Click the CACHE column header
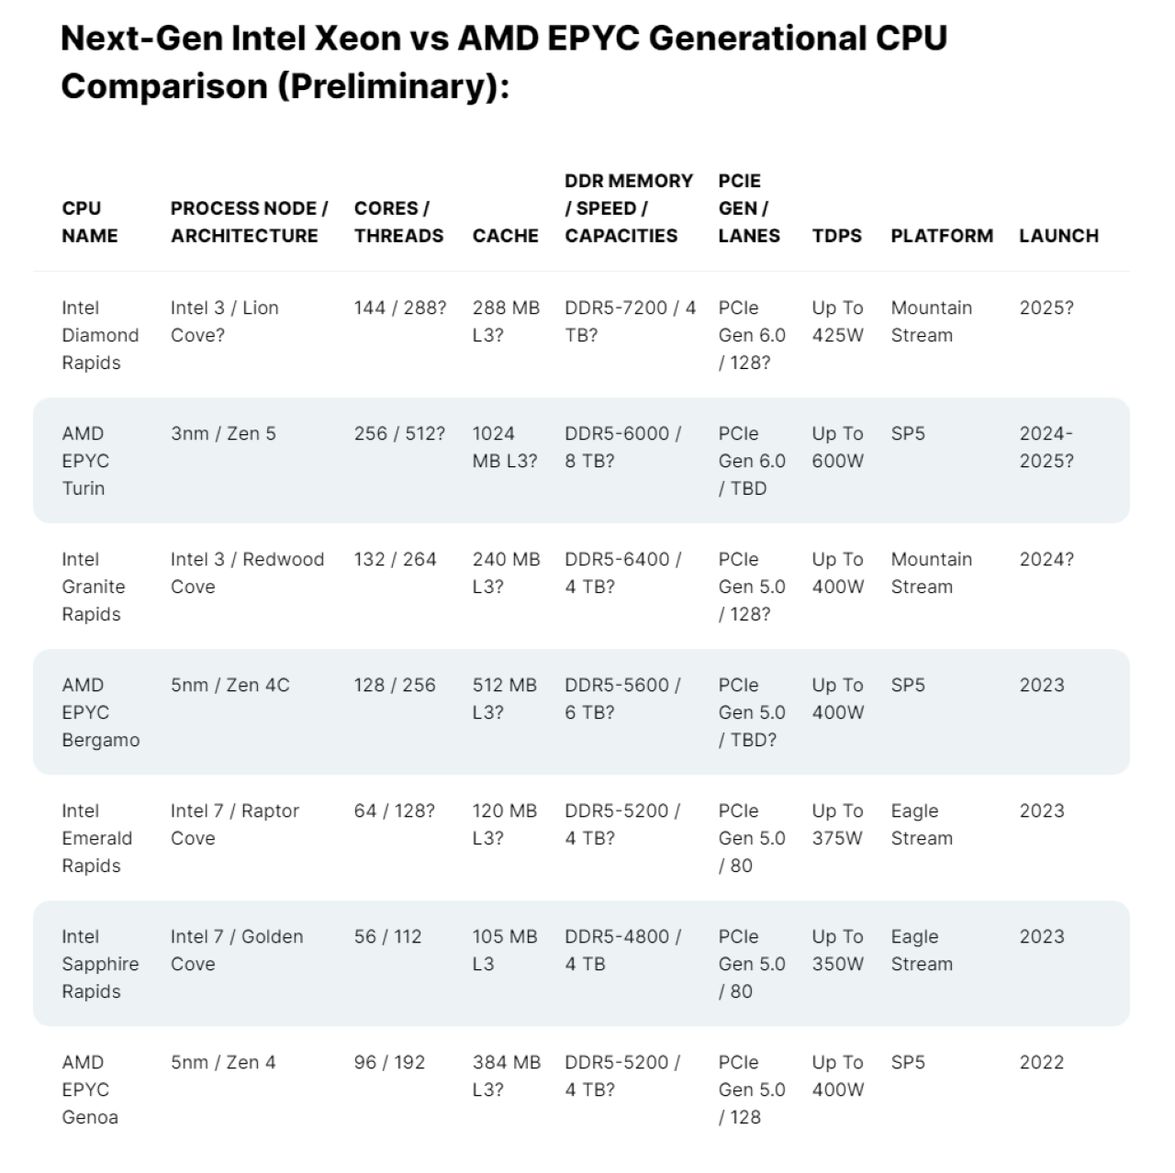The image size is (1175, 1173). click(505, 236)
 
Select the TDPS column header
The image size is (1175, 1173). click(836, 236)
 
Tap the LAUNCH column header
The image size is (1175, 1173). click(1058, 236)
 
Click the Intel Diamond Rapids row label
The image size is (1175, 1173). click(100, 335)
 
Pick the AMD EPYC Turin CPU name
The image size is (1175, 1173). click(84, 461)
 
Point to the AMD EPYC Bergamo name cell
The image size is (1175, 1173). click(100, 712)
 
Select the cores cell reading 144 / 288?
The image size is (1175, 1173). click(399, 308)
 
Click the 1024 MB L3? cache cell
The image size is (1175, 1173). click(505, 447)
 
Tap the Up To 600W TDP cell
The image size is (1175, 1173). click(837, 447)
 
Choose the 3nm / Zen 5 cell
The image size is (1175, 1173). click(223, 433)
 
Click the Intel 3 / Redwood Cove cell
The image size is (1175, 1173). click(247, 573)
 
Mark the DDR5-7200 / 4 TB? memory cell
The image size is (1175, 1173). click(630, 321)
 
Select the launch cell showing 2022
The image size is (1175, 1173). click(1041, 1062)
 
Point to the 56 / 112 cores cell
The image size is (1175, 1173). click(387, 936)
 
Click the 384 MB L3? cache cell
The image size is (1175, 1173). click(506, 1076)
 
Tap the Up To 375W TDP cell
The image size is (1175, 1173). click(837, 824)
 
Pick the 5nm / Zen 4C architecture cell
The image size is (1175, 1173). click(229, 685)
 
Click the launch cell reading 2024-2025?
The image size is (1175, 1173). click(1046, 447)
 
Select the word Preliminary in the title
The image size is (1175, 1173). click(389, 86)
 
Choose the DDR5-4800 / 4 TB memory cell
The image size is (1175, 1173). click(622, 950)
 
